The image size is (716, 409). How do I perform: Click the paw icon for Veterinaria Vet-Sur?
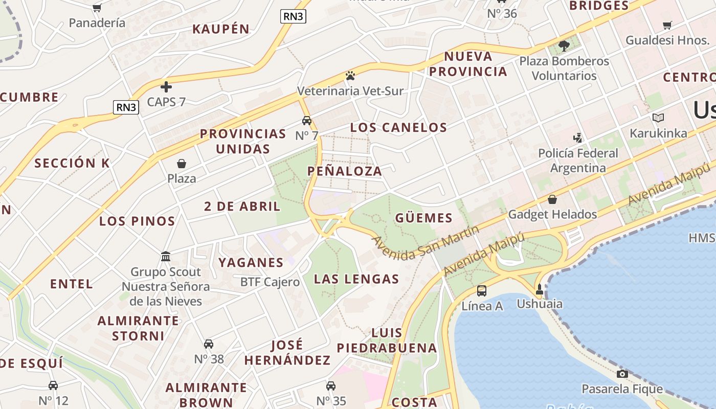click(x=350, y=76)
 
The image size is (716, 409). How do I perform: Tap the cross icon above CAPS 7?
click(x=166, y=86)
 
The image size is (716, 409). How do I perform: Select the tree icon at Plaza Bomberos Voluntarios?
click(x=564, y=46)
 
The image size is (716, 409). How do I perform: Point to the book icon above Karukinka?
click(x=658, y=118)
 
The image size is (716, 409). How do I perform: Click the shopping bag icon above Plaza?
click(x=182, y=164)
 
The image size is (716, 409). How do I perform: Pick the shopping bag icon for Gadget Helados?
click(x=552, y=199)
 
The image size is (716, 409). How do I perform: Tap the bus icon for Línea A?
click(x=482, y=291)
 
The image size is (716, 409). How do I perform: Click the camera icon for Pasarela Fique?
click(x=622, y=374)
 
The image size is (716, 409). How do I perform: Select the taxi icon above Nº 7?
click(x=307, y=121)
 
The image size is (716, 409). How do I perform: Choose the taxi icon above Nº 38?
click(x=209, y=344)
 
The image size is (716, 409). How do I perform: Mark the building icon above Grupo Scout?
click(x=166, y=256)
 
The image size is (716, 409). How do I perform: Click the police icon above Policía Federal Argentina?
click(x=578, y=138)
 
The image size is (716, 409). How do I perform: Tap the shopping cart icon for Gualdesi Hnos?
click(x=667, y=25)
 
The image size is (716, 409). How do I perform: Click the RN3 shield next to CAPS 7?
click(x=126, y=107)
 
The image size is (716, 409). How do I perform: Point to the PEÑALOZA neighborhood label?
click(x=345, y=171)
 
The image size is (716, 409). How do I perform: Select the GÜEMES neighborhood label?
click(x=424, y=218)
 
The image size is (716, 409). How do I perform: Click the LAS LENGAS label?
click(x=356, y=279)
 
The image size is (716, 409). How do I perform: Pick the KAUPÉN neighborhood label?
click(x=221, y=29)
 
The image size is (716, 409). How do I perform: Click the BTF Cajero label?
click(x=270, y=282)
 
